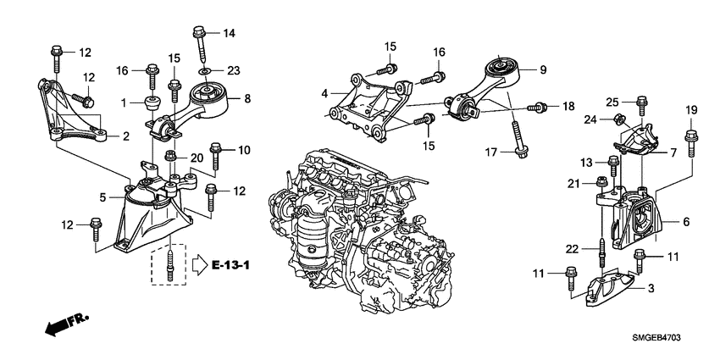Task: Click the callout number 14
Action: [x=229, y=33]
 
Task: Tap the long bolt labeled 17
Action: [x=518, y=141]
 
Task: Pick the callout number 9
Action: [x=542, y=69]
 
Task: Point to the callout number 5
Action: [x=102, y=198]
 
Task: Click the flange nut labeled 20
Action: [x=171, y=157]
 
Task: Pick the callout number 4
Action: [x=324, y=93]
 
